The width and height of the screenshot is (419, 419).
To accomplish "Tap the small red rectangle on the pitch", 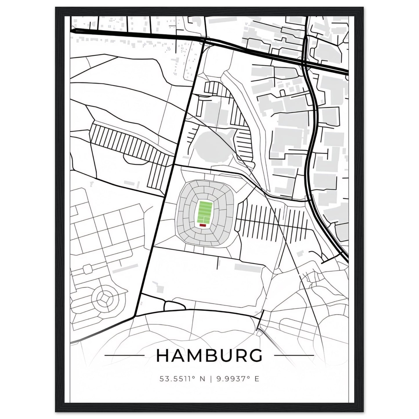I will pyautogui.click(x=203, y=225).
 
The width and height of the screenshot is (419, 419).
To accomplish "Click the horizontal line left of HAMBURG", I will pyautogui.click(x=124, y=355).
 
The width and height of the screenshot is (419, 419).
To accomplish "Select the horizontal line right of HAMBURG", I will pyautogui.click(x=294, y=355).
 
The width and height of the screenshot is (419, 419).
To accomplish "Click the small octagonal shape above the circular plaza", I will pyautogui.click(x=87, y=269).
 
